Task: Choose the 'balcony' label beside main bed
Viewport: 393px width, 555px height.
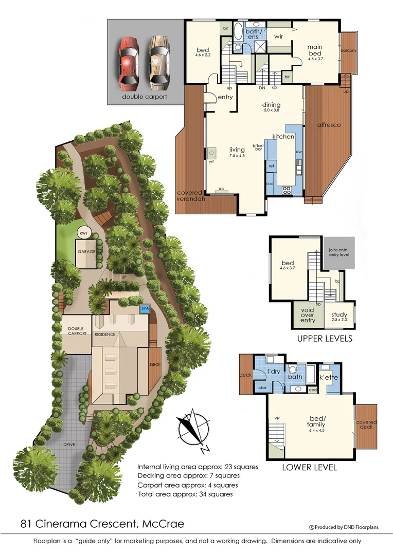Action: pyautogui.click(x=348, y=50)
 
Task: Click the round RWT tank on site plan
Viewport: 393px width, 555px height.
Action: pyautogui.click(x=83, y=233)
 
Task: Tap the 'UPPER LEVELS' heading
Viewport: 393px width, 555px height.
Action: pyautogui.click(x=325, y=339)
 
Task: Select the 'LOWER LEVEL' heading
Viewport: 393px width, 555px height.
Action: pyautogui.click(x=310, y=468)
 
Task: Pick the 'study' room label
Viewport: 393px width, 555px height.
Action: pyautogui.click(x=340, y=315)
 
